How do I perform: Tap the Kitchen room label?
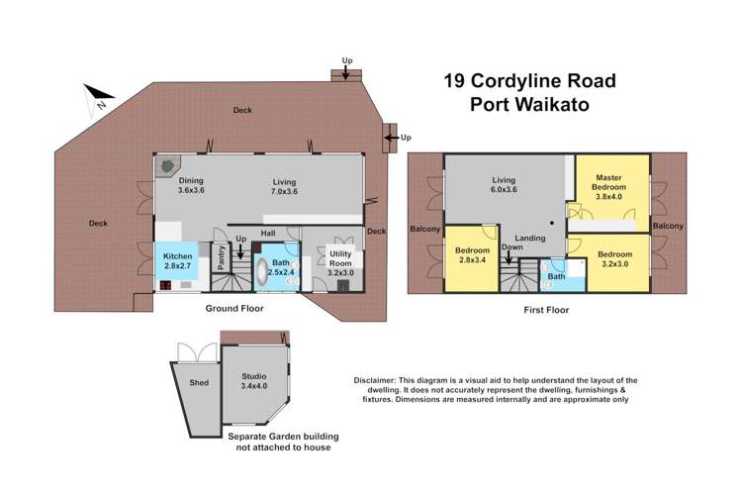pyautogui.click(x=178, y=260)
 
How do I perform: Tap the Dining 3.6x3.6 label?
pyautogui.click(x=190, y=185)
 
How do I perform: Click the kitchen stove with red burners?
pyautogui.click(x=165, y=287)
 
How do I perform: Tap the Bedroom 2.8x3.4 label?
pyautogui.click(x=473, y=255)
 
